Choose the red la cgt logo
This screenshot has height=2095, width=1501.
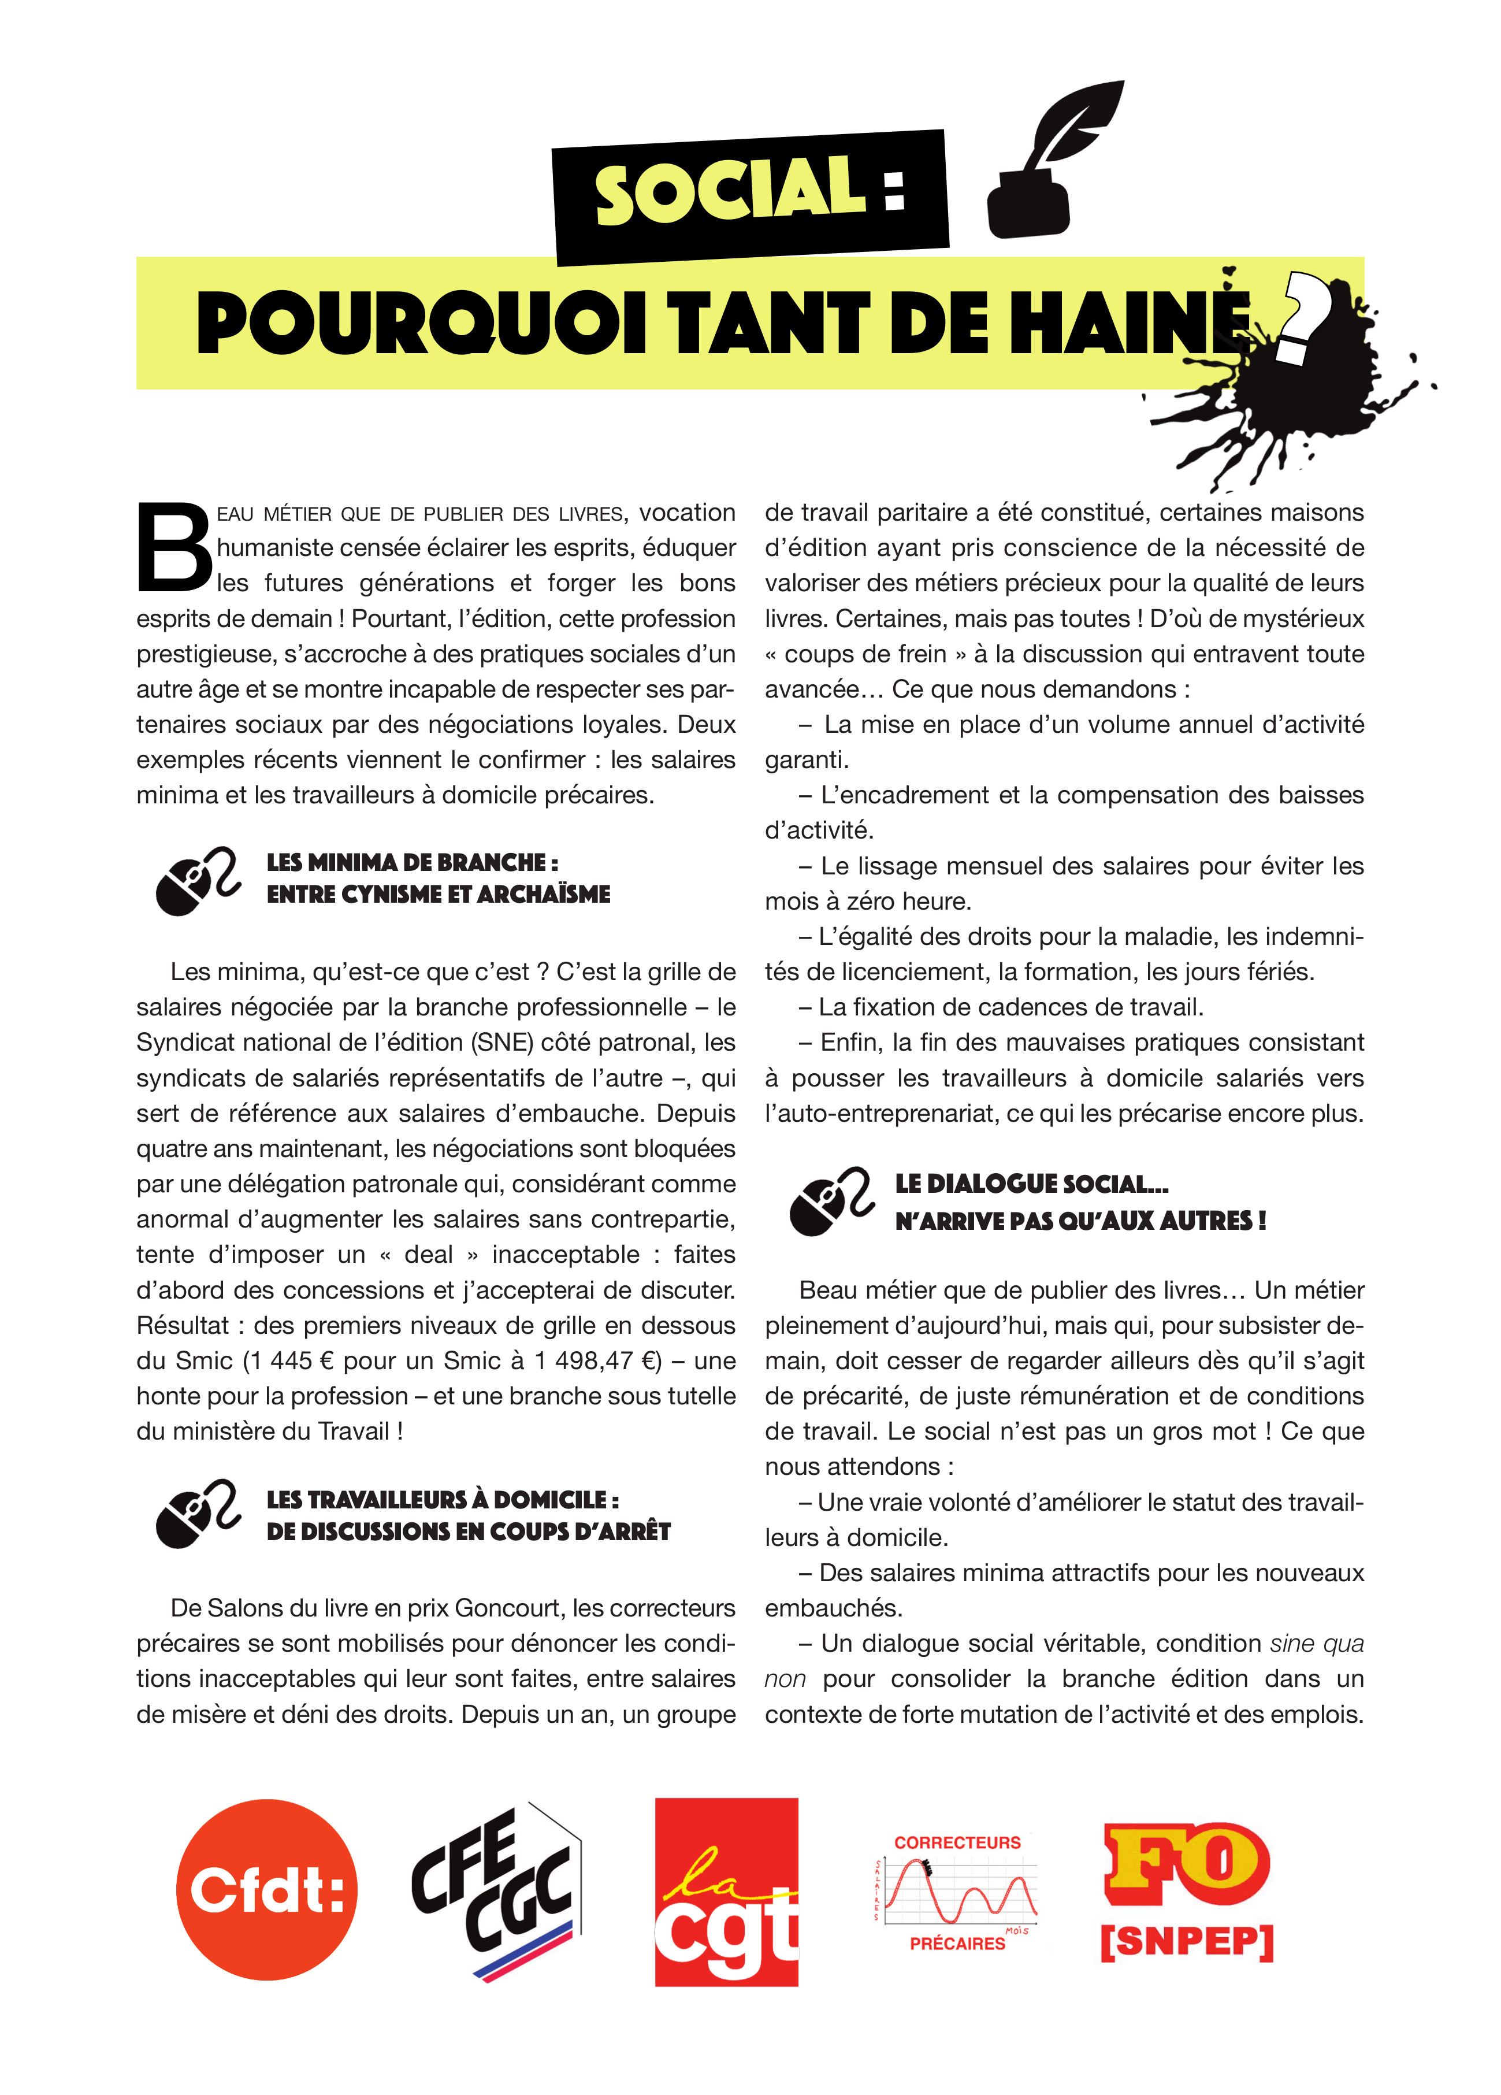click(x=726, y=1891)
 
